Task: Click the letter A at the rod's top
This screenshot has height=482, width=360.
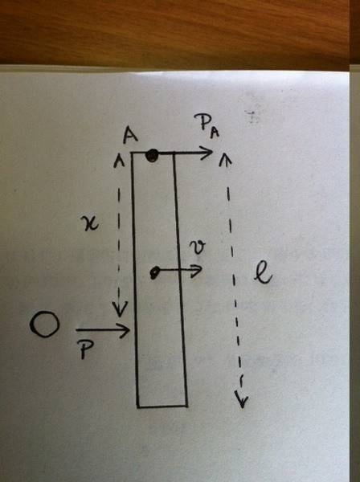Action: click(x=130, y=136)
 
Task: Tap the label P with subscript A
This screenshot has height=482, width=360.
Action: click(x=207, y=126)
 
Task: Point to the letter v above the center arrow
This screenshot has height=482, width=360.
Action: click(x=197, y=247)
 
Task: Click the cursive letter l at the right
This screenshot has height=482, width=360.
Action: click(x=263, y=274)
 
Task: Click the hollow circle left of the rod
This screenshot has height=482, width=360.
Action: click(x=44, y=325)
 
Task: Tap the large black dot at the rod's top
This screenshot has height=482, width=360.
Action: click(x=152, y=156)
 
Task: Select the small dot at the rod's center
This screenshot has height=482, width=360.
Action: click(x=154, y=272)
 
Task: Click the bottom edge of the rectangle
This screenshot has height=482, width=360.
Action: click(x=162, y=406)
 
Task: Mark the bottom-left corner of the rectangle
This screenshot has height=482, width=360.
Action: click(x=137, y=407)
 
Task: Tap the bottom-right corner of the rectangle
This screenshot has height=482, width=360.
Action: click(x=187, y=406)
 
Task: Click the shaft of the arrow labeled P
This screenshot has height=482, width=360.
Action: click(x=102, y=330)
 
